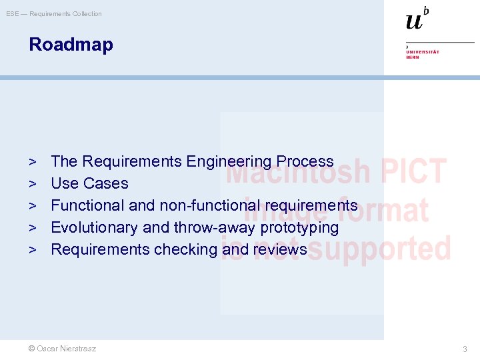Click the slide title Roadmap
71,45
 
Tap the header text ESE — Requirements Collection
54,14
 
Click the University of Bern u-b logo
417,19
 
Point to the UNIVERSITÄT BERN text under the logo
423,54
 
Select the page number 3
465,349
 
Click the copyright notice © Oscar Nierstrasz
62,349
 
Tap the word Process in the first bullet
305,161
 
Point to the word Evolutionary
95,227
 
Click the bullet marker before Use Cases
33,183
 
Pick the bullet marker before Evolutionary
33,227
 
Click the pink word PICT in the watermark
413,171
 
